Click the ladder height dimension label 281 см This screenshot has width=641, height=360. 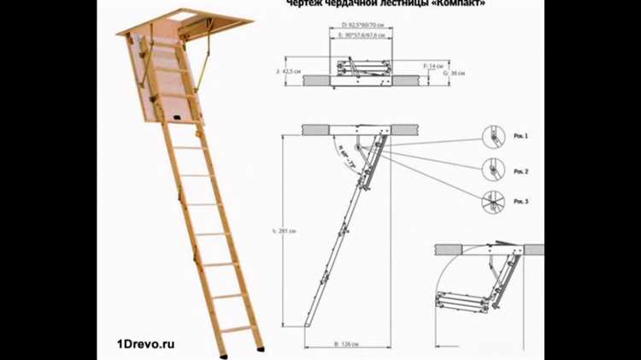[287, 231]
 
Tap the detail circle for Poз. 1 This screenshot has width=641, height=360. [492, 137]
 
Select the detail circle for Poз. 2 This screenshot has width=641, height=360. [492, 169]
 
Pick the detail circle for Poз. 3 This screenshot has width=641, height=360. [492, 202]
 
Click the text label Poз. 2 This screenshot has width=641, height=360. [521, 172]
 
